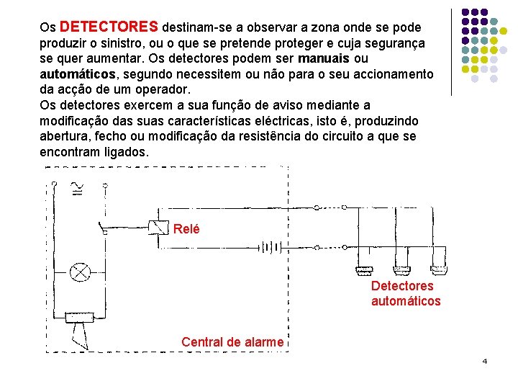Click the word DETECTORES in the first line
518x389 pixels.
109,27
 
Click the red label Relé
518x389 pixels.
186,229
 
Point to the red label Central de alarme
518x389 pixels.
232,341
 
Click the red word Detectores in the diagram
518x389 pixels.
402,286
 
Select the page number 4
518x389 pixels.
484,360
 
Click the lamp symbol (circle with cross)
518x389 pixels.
79,272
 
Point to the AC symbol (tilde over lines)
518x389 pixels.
76,188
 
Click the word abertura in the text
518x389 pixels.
64,136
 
